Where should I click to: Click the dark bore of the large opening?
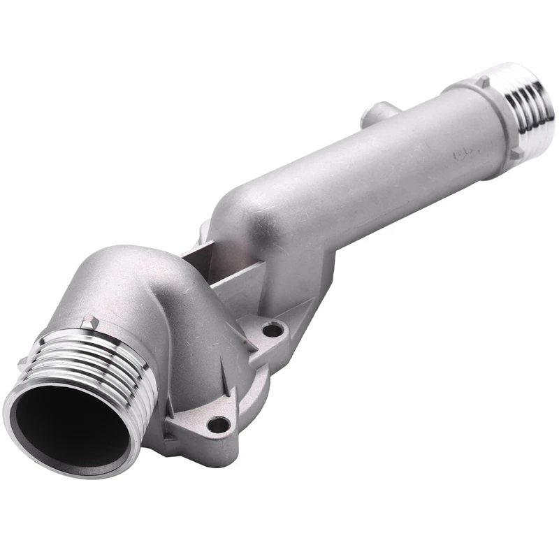coord(70,430)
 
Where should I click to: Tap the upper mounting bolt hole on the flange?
coord(273,328)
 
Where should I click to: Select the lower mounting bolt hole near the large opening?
coord(219,424)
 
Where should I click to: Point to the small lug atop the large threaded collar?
coord(89,322)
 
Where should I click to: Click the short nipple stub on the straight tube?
coord(378,112)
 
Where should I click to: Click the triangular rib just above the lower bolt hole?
coord(217,391)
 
